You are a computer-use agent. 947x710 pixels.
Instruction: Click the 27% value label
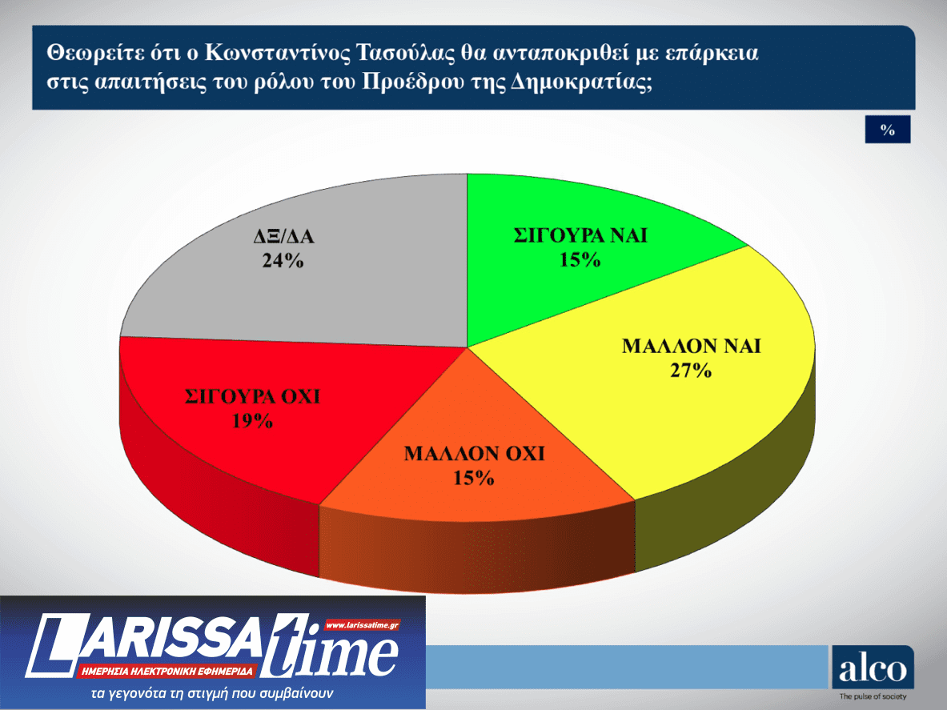(691, 371)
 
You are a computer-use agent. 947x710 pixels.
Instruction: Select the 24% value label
(283, 261)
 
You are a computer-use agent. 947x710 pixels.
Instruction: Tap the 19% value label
(252, 421)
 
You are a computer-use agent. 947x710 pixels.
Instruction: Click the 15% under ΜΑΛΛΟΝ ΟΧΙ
(474, 478)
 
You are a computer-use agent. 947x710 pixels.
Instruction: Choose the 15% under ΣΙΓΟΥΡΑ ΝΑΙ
(580, 259)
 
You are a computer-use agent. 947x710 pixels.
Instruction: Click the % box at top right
(887, 130)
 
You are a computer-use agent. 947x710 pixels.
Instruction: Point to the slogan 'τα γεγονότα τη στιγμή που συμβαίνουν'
(212, 692)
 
